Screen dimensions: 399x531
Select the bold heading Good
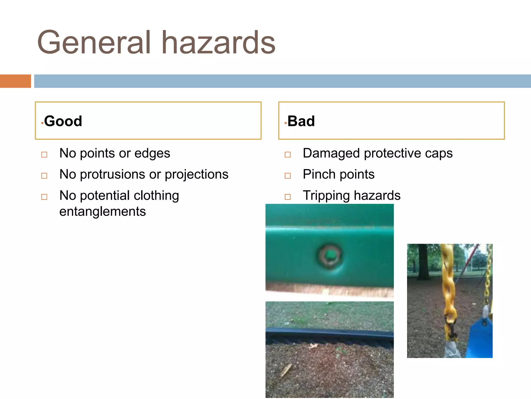(63, 121)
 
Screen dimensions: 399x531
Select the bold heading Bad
(301, 121)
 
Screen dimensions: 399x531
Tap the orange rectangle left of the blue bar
(15, 81)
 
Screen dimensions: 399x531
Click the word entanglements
(102, 211)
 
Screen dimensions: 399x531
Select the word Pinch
(319, 174)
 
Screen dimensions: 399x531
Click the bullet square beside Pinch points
(288, 176)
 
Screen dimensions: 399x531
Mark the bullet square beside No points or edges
(44, 155)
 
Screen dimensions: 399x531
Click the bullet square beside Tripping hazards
(288, 197)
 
